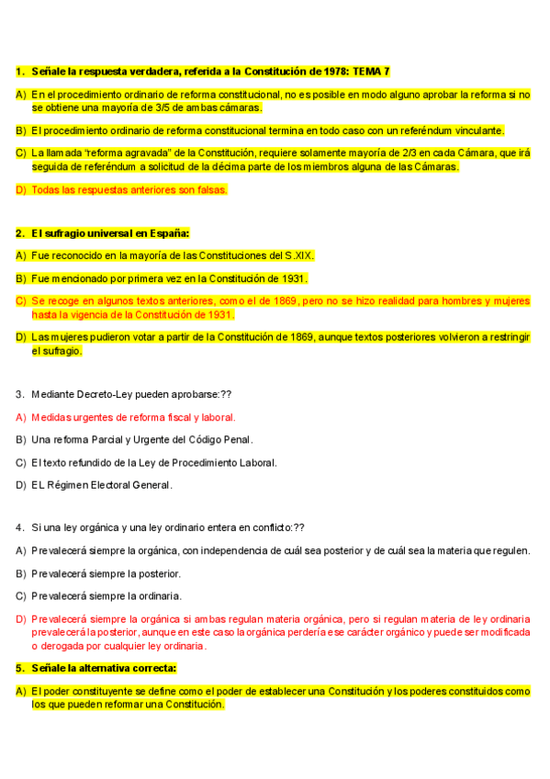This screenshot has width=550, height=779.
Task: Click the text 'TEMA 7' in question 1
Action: tap(373, 71)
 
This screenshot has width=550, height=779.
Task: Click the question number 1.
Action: tap(19, 71)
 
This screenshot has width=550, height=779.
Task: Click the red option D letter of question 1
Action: tap(20, 189)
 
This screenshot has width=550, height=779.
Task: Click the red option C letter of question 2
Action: tap(20, 300)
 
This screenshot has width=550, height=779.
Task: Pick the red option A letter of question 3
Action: tap(20, 417)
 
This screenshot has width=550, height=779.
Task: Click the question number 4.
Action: tap(19, 528)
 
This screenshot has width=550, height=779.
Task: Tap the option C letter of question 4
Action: tap(20, 595)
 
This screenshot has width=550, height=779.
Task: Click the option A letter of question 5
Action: tap(20, 691)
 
